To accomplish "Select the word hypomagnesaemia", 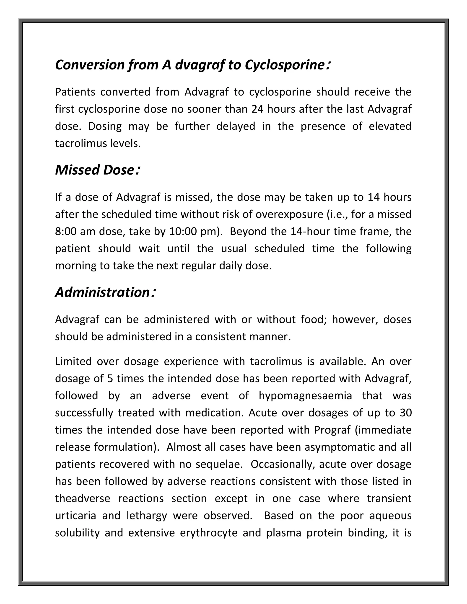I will coord(305,396).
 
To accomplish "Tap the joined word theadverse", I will coord(83,499).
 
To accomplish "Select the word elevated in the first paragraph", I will coord(390,126).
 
